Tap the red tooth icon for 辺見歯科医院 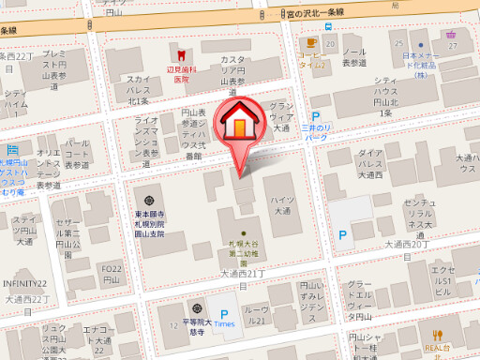(x=172, y=48)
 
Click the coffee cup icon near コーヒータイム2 (x=309, y=42)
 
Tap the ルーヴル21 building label (x=255, y=314)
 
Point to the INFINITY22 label (x=24, y=283)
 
